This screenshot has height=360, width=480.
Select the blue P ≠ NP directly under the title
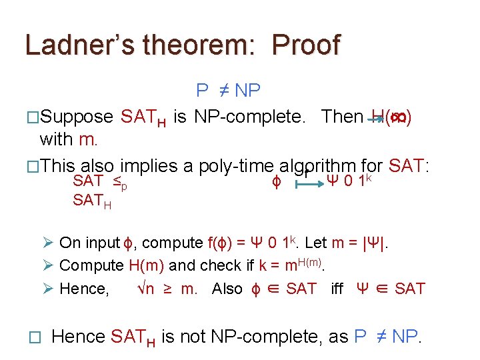pyautogui.click(x=228, y=91)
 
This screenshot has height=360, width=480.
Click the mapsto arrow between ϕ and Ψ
pyautogui.click(x=304, y=181)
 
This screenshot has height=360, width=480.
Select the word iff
pyautogui.click(x=341, y=289)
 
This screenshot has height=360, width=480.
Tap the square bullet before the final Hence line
pyautogui.click(x=27, y=338)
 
